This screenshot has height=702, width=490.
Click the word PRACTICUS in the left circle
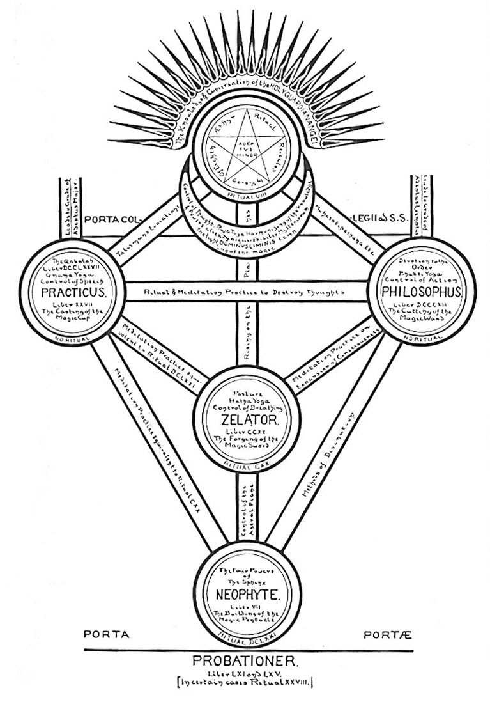coord(72,292)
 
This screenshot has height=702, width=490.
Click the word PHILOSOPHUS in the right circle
coord(418,292)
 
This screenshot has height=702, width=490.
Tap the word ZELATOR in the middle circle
coord(245,420)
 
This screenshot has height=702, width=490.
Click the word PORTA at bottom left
coord(107,635)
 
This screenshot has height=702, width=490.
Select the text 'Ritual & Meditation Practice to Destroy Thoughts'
coord(245,291)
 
